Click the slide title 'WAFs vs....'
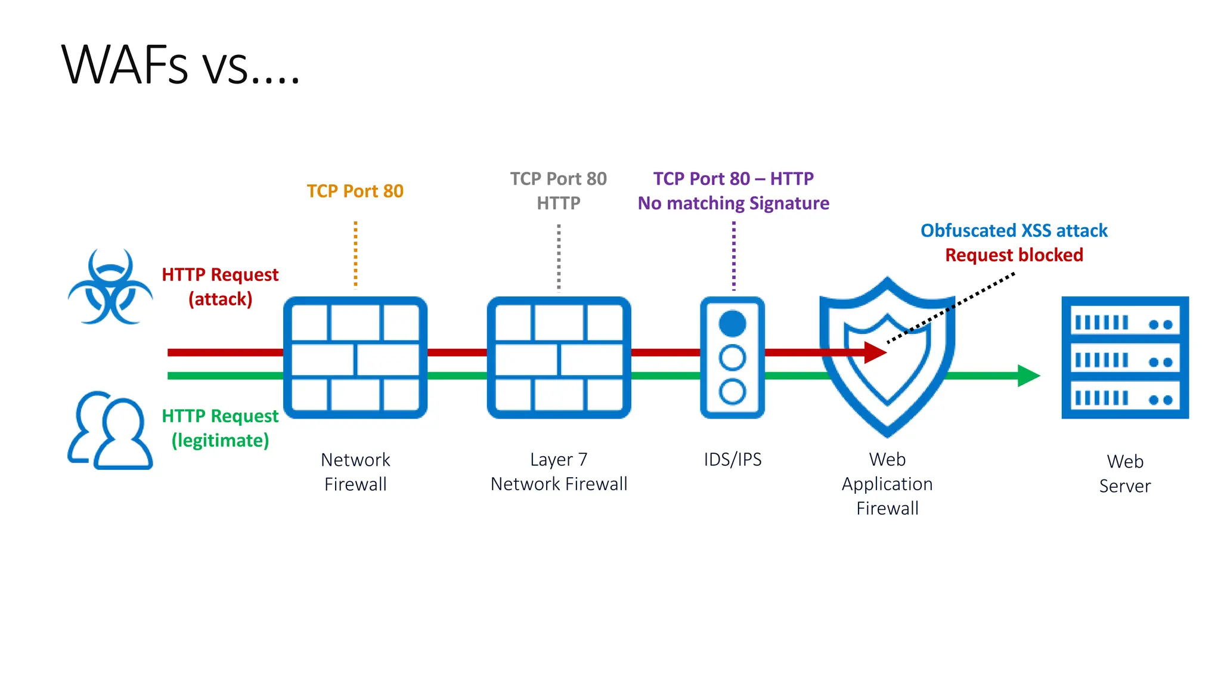(180, 64)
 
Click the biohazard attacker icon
(110, 287)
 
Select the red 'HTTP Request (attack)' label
(220, 286)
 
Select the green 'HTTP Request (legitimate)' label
(220, 428)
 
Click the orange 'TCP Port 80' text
(355, 191)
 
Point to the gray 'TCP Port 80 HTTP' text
(558, 190)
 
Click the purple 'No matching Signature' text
(733, 203)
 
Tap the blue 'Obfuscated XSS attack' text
(1014, 230)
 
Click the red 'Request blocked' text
(1014, 255)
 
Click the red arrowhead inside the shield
(875, 352)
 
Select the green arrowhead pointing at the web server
(1028, 376)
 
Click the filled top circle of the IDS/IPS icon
(732, 324)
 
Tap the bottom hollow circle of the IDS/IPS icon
(732, 392)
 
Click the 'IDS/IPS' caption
(732, 459)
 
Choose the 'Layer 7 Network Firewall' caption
(559, 472)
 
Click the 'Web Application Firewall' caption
(887, 484)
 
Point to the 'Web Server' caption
(1124, 474)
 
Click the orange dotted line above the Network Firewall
(355, 254)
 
